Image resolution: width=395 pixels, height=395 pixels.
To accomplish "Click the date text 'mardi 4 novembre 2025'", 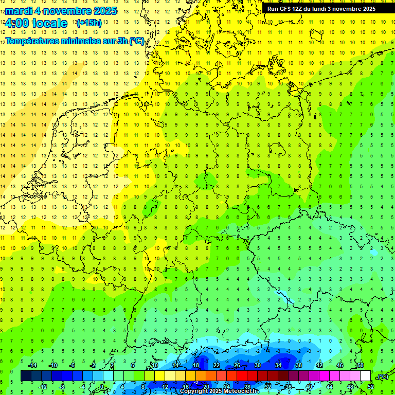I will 61,11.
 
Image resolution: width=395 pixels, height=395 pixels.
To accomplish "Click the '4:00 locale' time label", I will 35,23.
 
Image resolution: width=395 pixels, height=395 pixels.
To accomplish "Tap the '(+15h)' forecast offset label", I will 89,23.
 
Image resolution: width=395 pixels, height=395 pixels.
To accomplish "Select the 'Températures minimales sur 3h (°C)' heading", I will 75,41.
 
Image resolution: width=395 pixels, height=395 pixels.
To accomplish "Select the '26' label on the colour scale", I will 237,365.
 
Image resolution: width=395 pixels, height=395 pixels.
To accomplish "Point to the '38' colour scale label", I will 299,365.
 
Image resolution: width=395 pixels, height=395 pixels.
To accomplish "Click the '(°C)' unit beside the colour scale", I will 382,376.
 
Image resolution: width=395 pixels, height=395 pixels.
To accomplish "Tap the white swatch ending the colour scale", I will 366,376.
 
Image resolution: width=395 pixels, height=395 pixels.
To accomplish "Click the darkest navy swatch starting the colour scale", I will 26,376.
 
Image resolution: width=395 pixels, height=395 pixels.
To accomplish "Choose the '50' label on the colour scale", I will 361,365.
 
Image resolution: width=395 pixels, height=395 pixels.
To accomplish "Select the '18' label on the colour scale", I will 196,365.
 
